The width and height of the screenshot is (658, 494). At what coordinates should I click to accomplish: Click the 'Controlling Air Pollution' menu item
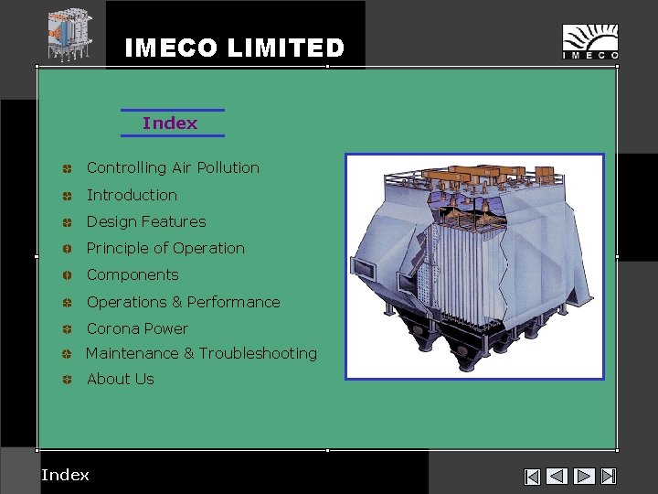pyautogui.click(x=173, y=167)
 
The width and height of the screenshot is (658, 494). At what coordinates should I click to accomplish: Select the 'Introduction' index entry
pyautogui.click(x=132, y=195)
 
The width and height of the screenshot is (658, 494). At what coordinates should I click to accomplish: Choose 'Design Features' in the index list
pyautogui.click(x=146, y=221)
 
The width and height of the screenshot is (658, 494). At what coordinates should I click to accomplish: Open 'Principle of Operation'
pyautogui.click(x=165, y=248)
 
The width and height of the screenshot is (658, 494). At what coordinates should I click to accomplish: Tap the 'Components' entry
pyautogui.click(x=133, y=274)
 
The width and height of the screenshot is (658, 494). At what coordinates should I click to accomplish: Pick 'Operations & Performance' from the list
pyautogui.click(x=183, y=302)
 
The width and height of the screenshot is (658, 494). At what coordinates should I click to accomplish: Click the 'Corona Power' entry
pyautogui.click(x=137, y=328)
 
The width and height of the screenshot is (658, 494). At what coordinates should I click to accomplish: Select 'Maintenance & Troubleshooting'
pyautogui.click(x=201, y=353)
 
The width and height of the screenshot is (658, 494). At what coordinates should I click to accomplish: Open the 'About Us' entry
pyautogui.click(x=120, y=379)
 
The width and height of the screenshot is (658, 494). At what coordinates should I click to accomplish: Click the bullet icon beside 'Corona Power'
pyautogui.click(x=68, y=328)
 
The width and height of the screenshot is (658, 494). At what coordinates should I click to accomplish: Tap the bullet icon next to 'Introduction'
pyautogui.click(x=68, y=196)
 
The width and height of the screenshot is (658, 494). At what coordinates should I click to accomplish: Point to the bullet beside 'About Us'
pyautogui.click(x=68, y=379)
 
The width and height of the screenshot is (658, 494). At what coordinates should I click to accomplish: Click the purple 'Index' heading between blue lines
pyautogui.click(x=170, y=123)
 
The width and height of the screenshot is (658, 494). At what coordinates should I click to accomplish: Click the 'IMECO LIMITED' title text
pyautogui.click(x=234, y=48)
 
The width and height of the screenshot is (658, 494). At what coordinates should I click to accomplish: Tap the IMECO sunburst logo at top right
pyautogui.click(x=589, y=42)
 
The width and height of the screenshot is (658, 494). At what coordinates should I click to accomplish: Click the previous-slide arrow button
pyautogui.click(x=557, y=476)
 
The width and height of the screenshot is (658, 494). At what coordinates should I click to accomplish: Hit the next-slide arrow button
pyautogui.click(x=584, y=476)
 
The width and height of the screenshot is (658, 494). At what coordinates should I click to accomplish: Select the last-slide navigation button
pyautogui.click(x=610, y=476)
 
